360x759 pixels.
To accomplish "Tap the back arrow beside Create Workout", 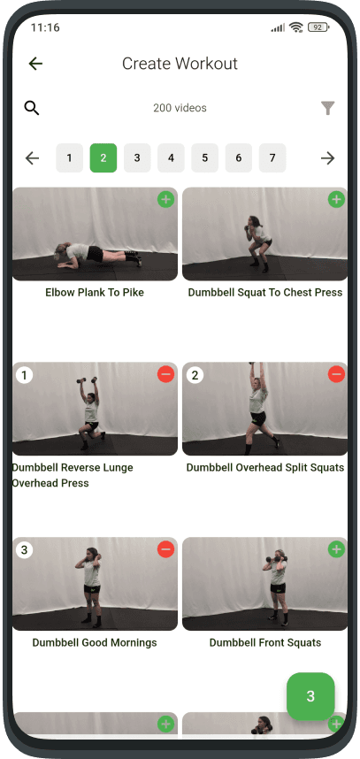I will pyautogui.click(x=35, y=64).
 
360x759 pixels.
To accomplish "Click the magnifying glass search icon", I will pyautogui.click(x=32, y=108).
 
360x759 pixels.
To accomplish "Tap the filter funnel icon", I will pyautogui.click(x=327, y=108).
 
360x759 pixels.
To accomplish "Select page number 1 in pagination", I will pyautogui.click(x=69, y=158).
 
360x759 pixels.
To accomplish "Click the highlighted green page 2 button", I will pyautogui.click(x=103, y=158).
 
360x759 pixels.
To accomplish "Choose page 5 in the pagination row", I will pyautogui.click(x=204, y=158).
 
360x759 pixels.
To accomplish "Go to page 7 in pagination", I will pyautogui.click(x=272, y=158).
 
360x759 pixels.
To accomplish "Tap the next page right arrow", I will pyautogui.click(x=327, y=158).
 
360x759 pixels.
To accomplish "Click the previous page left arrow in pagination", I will pyautogui.click(x=33, y=158).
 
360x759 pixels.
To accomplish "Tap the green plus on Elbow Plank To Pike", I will pyautogui.click(x=165, y=200).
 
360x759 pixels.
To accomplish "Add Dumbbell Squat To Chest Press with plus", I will pyautogui.click(x=336, y=200).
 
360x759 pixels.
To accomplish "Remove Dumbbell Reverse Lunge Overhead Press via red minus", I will pyautogui.click(x=165, y=375).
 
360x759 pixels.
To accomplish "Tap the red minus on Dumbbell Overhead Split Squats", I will pyautogui.click(x=336, y=375).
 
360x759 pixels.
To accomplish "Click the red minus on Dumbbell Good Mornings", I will pyautogui.click(x=165, y=550).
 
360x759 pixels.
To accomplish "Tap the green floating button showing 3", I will pyautogui.click(x=310, y=696).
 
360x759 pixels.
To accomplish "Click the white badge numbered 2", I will pyautogui.click(x=195, y=375).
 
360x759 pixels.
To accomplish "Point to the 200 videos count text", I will pyautogui.click(x=180, y=108).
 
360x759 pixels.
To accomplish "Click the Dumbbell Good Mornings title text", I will pyautogui.click(x=95, y=643).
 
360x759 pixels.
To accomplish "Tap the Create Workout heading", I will pyautogui.click(x=180, y=64).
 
